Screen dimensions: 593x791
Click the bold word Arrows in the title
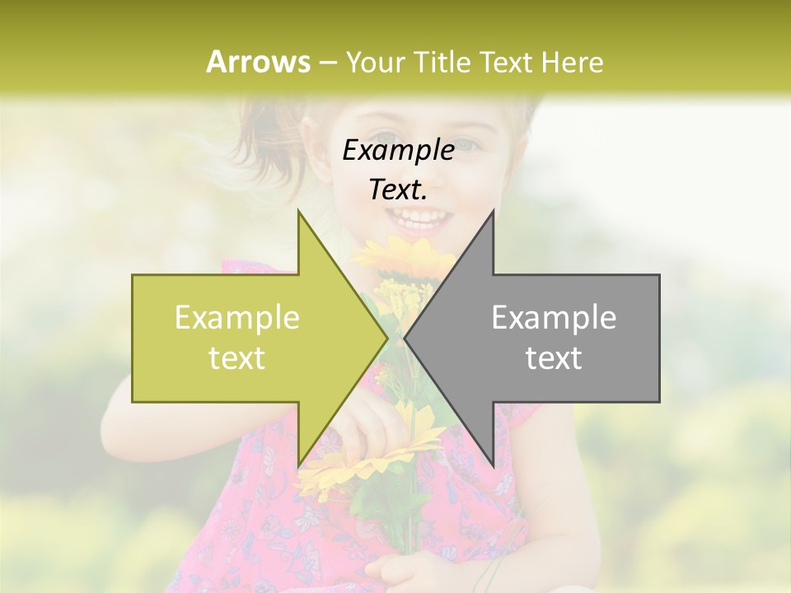coord(258,62)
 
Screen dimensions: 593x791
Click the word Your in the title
coord(377,63)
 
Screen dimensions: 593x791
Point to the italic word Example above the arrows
coord(398,150)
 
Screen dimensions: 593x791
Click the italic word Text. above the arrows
coord(398,190)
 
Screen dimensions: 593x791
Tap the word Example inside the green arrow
coord(237,318)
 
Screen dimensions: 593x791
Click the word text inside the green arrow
coord(237,358)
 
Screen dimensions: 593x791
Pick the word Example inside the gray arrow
coord(554,318)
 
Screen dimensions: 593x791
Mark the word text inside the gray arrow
coord(554,358)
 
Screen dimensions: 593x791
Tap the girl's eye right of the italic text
coord(468,145)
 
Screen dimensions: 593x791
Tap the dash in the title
coord(327,63)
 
